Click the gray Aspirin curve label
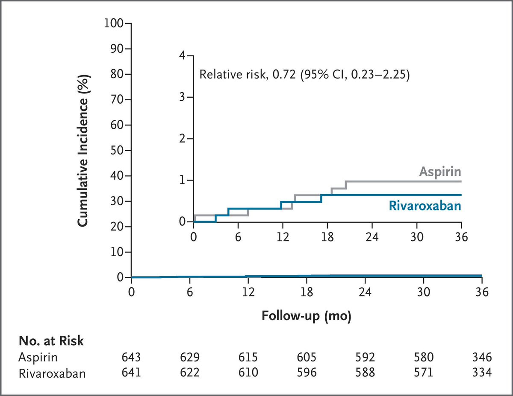440,172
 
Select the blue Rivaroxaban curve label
425,206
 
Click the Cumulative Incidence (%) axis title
83,151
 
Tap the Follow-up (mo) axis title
307,316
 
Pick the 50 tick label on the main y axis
117,151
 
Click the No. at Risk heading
51,341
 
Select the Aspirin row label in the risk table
38,357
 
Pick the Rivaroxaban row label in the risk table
52,374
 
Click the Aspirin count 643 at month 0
131,357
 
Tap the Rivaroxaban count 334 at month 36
482,373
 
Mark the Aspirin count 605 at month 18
307,357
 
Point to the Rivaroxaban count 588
365,373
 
